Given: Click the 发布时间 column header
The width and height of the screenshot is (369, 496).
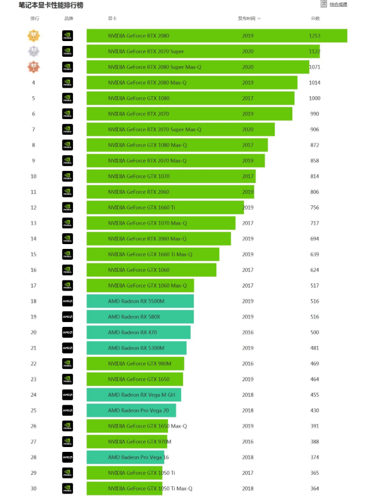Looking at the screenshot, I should (x=248, y=19).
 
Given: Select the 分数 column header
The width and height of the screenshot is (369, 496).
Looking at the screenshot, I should (x=315, y=19).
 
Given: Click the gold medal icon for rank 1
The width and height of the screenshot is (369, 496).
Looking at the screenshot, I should (x=34, y=36).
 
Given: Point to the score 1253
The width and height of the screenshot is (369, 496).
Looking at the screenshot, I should (x=314, y=36).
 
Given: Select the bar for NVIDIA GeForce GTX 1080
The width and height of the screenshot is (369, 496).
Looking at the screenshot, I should (x=190, y=98).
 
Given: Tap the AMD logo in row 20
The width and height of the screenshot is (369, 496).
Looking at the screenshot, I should (x=68, y=332).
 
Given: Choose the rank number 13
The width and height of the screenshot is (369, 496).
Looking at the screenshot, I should (x=34, y=224).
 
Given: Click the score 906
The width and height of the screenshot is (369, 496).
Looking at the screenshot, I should (x=315, y=130).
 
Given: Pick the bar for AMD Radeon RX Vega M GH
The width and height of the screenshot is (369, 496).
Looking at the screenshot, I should (x=133, y=395).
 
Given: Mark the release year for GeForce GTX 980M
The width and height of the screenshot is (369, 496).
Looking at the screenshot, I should (x=248, y=364).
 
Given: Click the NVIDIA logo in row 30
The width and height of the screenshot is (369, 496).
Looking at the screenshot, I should (x=68, y=489).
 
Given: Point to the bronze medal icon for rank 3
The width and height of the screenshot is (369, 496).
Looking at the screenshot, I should (x=34, y=67).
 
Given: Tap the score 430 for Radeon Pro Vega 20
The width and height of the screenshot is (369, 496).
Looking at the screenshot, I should (x=315, y=411).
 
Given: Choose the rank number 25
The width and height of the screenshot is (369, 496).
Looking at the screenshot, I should (x=34, y=411).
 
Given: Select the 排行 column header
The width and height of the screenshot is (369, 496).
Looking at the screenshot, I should (x=34, y=19).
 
